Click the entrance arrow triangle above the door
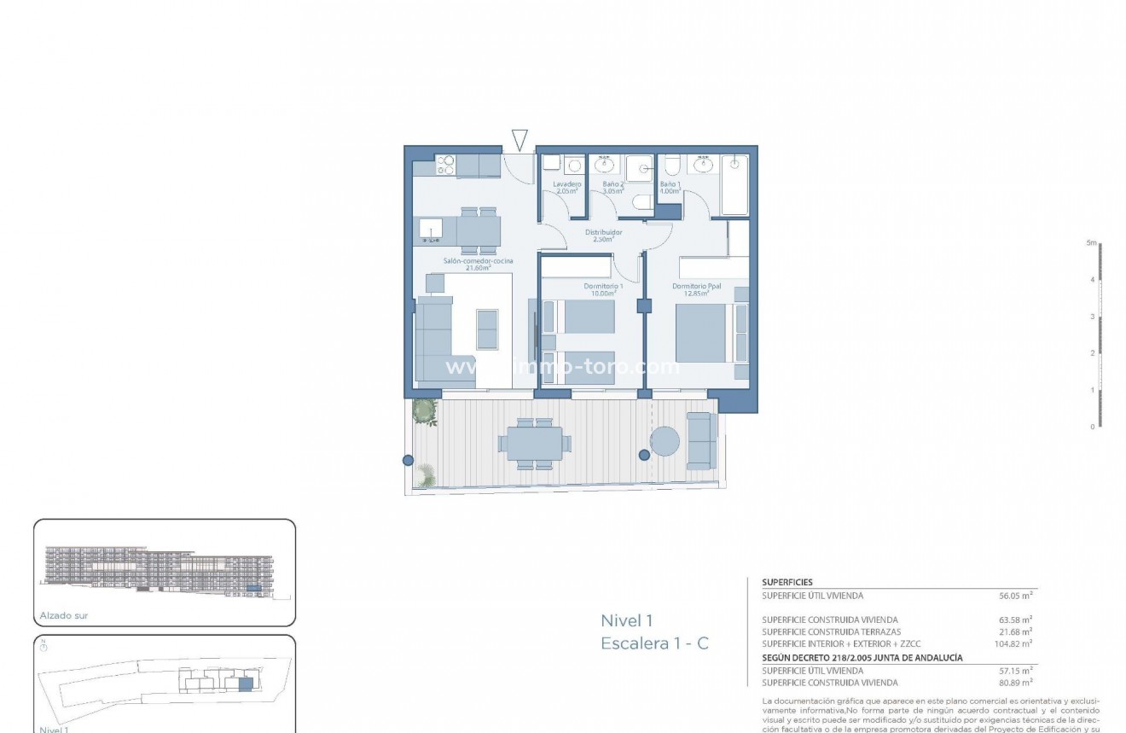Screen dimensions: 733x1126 tap(519, 140)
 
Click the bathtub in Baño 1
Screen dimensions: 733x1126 tap(734, 185)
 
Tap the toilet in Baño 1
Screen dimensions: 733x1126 tap(671, 165)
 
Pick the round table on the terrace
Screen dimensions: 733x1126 tap(665, 441)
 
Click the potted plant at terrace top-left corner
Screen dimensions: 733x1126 tap(424, 411)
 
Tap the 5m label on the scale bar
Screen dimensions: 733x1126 tap(1090, 243)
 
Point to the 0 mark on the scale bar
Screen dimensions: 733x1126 tap(1092, 427)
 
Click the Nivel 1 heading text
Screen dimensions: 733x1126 tap(626, 621)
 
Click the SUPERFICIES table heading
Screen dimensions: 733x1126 tap(786, 582)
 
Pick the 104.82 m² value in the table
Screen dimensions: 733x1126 tap(1016, 644)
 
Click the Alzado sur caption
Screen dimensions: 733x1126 tap(64, 615)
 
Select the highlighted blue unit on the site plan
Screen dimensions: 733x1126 tap(246, 684)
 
